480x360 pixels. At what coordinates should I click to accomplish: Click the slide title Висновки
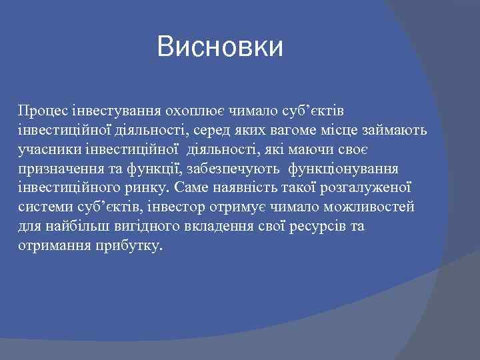[220, 47]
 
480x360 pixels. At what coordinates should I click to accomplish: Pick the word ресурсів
[319, 227]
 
